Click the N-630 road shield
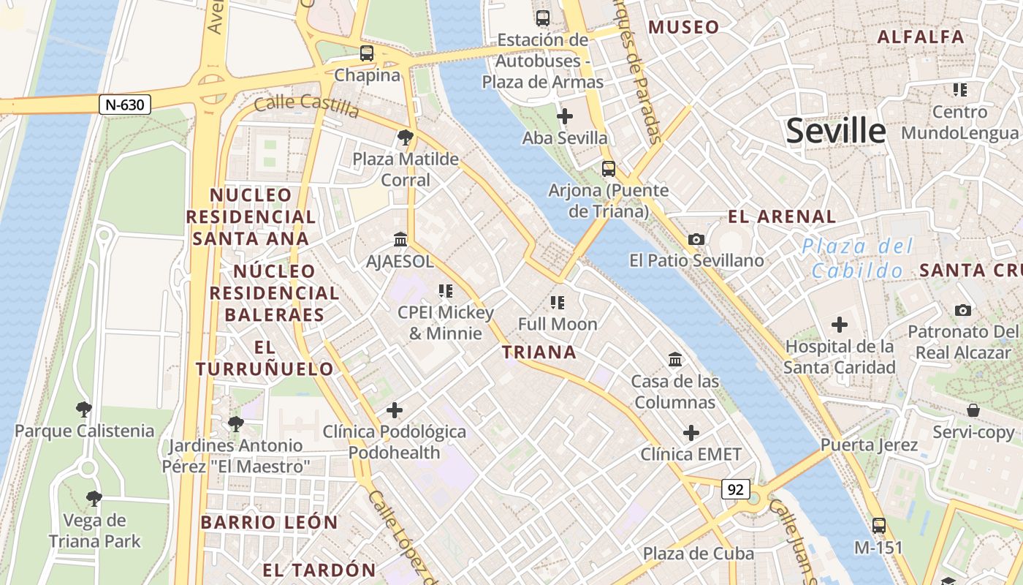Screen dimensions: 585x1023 pyautogui.click(x=125, y=105)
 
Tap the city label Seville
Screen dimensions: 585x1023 pyautogui.click(x=836, y=131)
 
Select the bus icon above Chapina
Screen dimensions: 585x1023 pyautogui.click(x=367, y=53)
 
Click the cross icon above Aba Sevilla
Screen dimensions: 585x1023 pyautogui.click(x=565, y=116)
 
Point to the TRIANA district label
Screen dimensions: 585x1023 pyautogui.click(x=539, y=352)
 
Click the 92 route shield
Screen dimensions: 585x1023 pyautogui.click(x=735, y=489)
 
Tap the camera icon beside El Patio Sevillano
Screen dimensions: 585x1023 pyautogui.click(x=696, y=239)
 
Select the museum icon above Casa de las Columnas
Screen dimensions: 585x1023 pyautogui.click(x=675, y=359)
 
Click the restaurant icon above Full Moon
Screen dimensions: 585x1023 pyautogui.click(x=558, y=302)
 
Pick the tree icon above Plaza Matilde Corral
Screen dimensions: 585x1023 pyautogui.click(x=405, y=137)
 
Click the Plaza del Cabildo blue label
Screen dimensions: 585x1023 pyautogui.click(x=858, y=258)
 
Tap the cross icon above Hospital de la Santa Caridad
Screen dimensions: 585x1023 pyautogui.click(x=840, y=324)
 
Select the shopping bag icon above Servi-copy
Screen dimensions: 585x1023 pyautogui.click(x=973, y=410)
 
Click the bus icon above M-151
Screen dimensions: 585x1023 pyautogui.click(x=879, y=525)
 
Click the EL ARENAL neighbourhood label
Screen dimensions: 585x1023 pyautogui.click(x=782, y=216)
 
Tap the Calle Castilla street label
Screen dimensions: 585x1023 pyautogui.click(x=307, y=106)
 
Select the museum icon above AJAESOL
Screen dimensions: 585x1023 pyautogui.click(x=400, y=239)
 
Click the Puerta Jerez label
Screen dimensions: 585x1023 pyautogui.click(x=858, y=445)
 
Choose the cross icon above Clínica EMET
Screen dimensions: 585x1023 pyautogui.click(x=691, y=433)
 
